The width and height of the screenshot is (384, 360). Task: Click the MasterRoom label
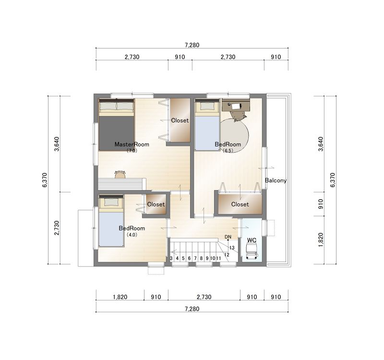tap(132, 144)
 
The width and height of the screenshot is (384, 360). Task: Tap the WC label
tap(252, 240)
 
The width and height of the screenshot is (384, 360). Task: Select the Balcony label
tap(276, 180)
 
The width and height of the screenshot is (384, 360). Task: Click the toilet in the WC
tap(252, 252)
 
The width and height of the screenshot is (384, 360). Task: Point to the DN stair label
tap(228, 237)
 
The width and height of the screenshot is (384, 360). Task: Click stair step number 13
tap(232, 248)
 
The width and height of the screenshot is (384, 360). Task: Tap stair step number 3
tap(171, 258)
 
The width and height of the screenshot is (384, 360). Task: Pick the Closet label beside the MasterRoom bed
tap(180, 120)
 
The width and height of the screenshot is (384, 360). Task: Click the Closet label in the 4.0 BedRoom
tap(156, 204)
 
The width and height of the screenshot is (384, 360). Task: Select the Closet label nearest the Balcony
tap(240, 204)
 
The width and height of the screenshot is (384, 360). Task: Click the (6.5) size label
tap(228, 151)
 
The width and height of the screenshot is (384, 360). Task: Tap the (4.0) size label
tap(132, 235)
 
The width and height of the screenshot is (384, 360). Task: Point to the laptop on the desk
tap(237, 106)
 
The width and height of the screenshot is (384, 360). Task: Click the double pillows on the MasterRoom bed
tap(116, 106)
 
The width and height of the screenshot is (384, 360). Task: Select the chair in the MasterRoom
tap(120, 174)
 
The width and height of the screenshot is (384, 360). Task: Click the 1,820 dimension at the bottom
tap(120, 297)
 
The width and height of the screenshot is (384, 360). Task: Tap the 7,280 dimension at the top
tap(192, 45)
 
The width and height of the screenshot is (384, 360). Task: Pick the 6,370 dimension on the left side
tap(45, 180)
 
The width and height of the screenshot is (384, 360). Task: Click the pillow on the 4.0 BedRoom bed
tap(111, 202)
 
